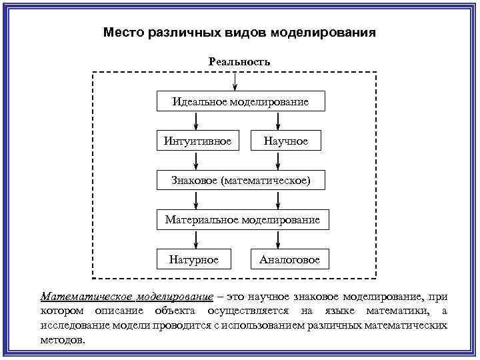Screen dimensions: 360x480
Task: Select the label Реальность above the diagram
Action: click(239, 61)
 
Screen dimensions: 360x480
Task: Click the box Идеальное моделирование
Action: click(240, 101)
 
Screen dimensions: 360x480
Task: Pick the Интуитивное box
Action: click(197, 141)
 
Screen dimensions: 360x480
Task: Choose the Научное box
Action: click(285, 141)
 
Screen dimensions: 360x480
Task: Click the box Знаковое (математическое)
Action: click(240, 180)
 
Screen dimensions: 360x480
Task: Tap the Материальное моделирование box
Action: click(243, 219)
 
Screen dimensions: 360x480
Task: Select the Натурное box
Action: click(197, 259)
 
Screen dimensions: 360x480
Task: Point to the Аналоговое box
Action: click(289, 259)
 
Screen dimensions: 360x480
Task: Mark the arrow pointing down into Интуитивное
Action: click(197, 121)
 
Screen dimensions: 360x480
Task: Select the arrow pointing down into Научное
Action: click(278, 121)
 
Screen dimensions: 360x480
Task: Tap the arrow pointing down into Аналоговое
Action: click(278, 239)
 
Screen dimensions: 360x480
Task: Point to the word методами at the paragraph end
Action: click(63, 339)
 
